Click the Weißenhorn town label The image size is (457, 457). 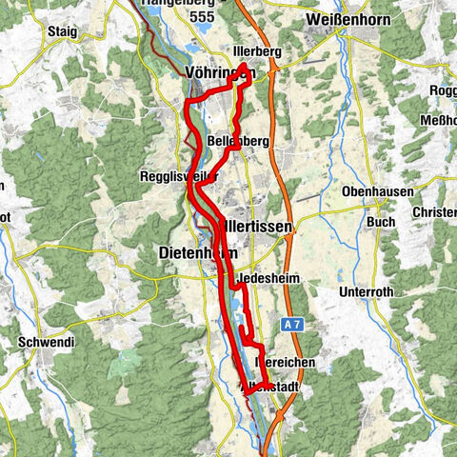click(342, 20)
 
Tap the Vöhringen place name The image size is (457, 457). click(216, 73)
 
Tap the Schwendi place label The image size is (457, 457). click(39, 341)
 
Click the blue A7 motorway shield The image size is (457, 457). click(292, 326)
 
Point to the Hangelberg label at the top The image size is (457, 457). click(177, 4)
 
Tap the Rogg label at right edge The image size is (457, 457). click(444, 89)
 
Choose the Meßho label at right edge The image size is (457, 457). click(440, 119)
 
